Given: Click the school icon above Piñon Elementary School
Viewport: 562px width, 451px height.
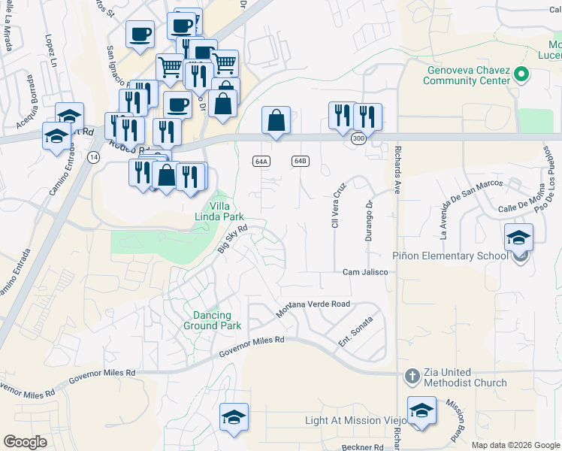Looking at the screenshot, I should (518, 238).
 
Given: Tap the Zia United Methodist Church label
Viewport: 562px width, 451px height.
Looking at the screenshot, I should (459, 377).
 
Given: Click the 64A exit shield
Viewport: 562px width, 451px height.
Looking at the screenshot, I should (261, 161).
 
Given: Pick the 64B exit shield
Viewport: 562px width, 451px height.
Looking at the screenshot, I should (301, 161).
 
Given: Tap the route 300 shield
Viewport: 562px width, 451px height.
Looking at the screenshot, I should (359, 139).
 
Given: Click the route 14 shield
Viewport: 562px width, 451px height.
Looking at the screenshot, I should (93, 156).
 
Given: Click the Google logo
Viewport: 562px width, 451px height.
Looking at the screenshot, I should (26, 442).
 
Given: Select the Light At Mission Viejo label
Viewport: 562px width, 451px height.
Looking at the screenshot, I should (353, 420).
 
